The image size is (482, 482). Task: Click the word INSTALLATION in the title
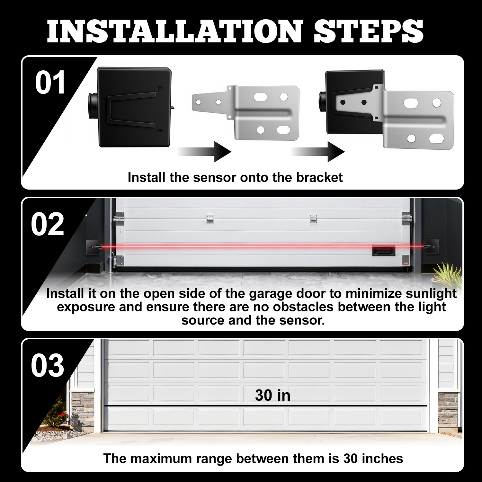coord(175,31)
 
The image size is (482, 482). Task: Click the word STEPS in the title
coord(369,31)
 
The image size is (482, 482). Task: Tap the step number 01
coord(50,83)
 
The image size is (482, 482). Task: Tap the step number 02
coord(48,224)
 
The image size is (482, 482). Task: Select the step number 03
coord(48,365)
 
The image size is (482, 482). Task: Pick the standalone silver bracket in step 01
coord(246,112)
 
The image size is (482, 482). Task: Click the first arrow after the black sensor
coord(204,151)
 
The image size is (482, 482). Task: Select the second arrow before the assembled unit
coord(318,151)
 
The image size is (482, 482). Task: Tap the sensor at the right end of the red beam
coord(432,246)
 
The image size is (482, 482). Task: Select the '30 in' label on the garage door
coord(273,395)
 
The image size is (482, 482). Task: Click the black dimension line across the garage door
coord(265,406)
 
